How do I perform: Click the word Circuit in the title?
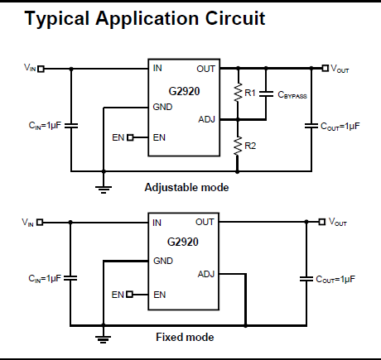[x=235, y=18]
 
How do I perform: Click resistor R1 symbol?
[x=238, y=93]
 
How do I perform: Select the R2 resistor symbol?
[x=238, y=146]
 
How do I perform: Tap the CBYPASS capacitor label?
[x=292, y=94]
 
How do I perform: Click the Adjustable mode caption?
[x=186, y=188]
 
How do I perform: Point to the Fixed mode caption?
[x=185, y=337]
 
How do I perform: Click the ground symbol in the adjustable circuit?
[x=104, y=190]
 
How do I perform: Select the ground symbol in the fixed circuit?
[x=104, y=339]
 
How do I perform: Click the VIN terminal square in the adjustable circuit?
[x=41, y=69]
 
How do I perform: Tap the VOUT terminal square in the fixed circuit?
[x=322, y=222]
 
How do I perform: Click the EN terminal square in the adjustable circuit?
[x=130, y=137]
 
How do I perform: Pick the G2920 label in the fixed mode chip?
[x=183, y=242]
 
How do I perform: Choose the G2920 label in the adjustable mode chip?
[x=184, y=91]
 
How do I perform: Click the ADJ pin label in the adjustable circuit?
[x=206, y=119]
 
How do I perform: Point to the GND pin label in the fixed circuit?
[x=163, y=261]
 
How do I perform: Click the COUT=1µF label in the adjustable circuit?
[x=340, y=127]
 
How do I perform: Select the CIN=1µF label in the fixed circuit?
[x=45, y=278]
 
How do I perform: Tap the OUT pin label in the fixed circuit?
[x=205, y=222]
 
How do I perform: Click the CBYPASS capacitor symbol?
[x=266, y=94]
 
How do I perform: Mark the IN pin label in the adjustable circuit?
[x=157, y=68]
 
